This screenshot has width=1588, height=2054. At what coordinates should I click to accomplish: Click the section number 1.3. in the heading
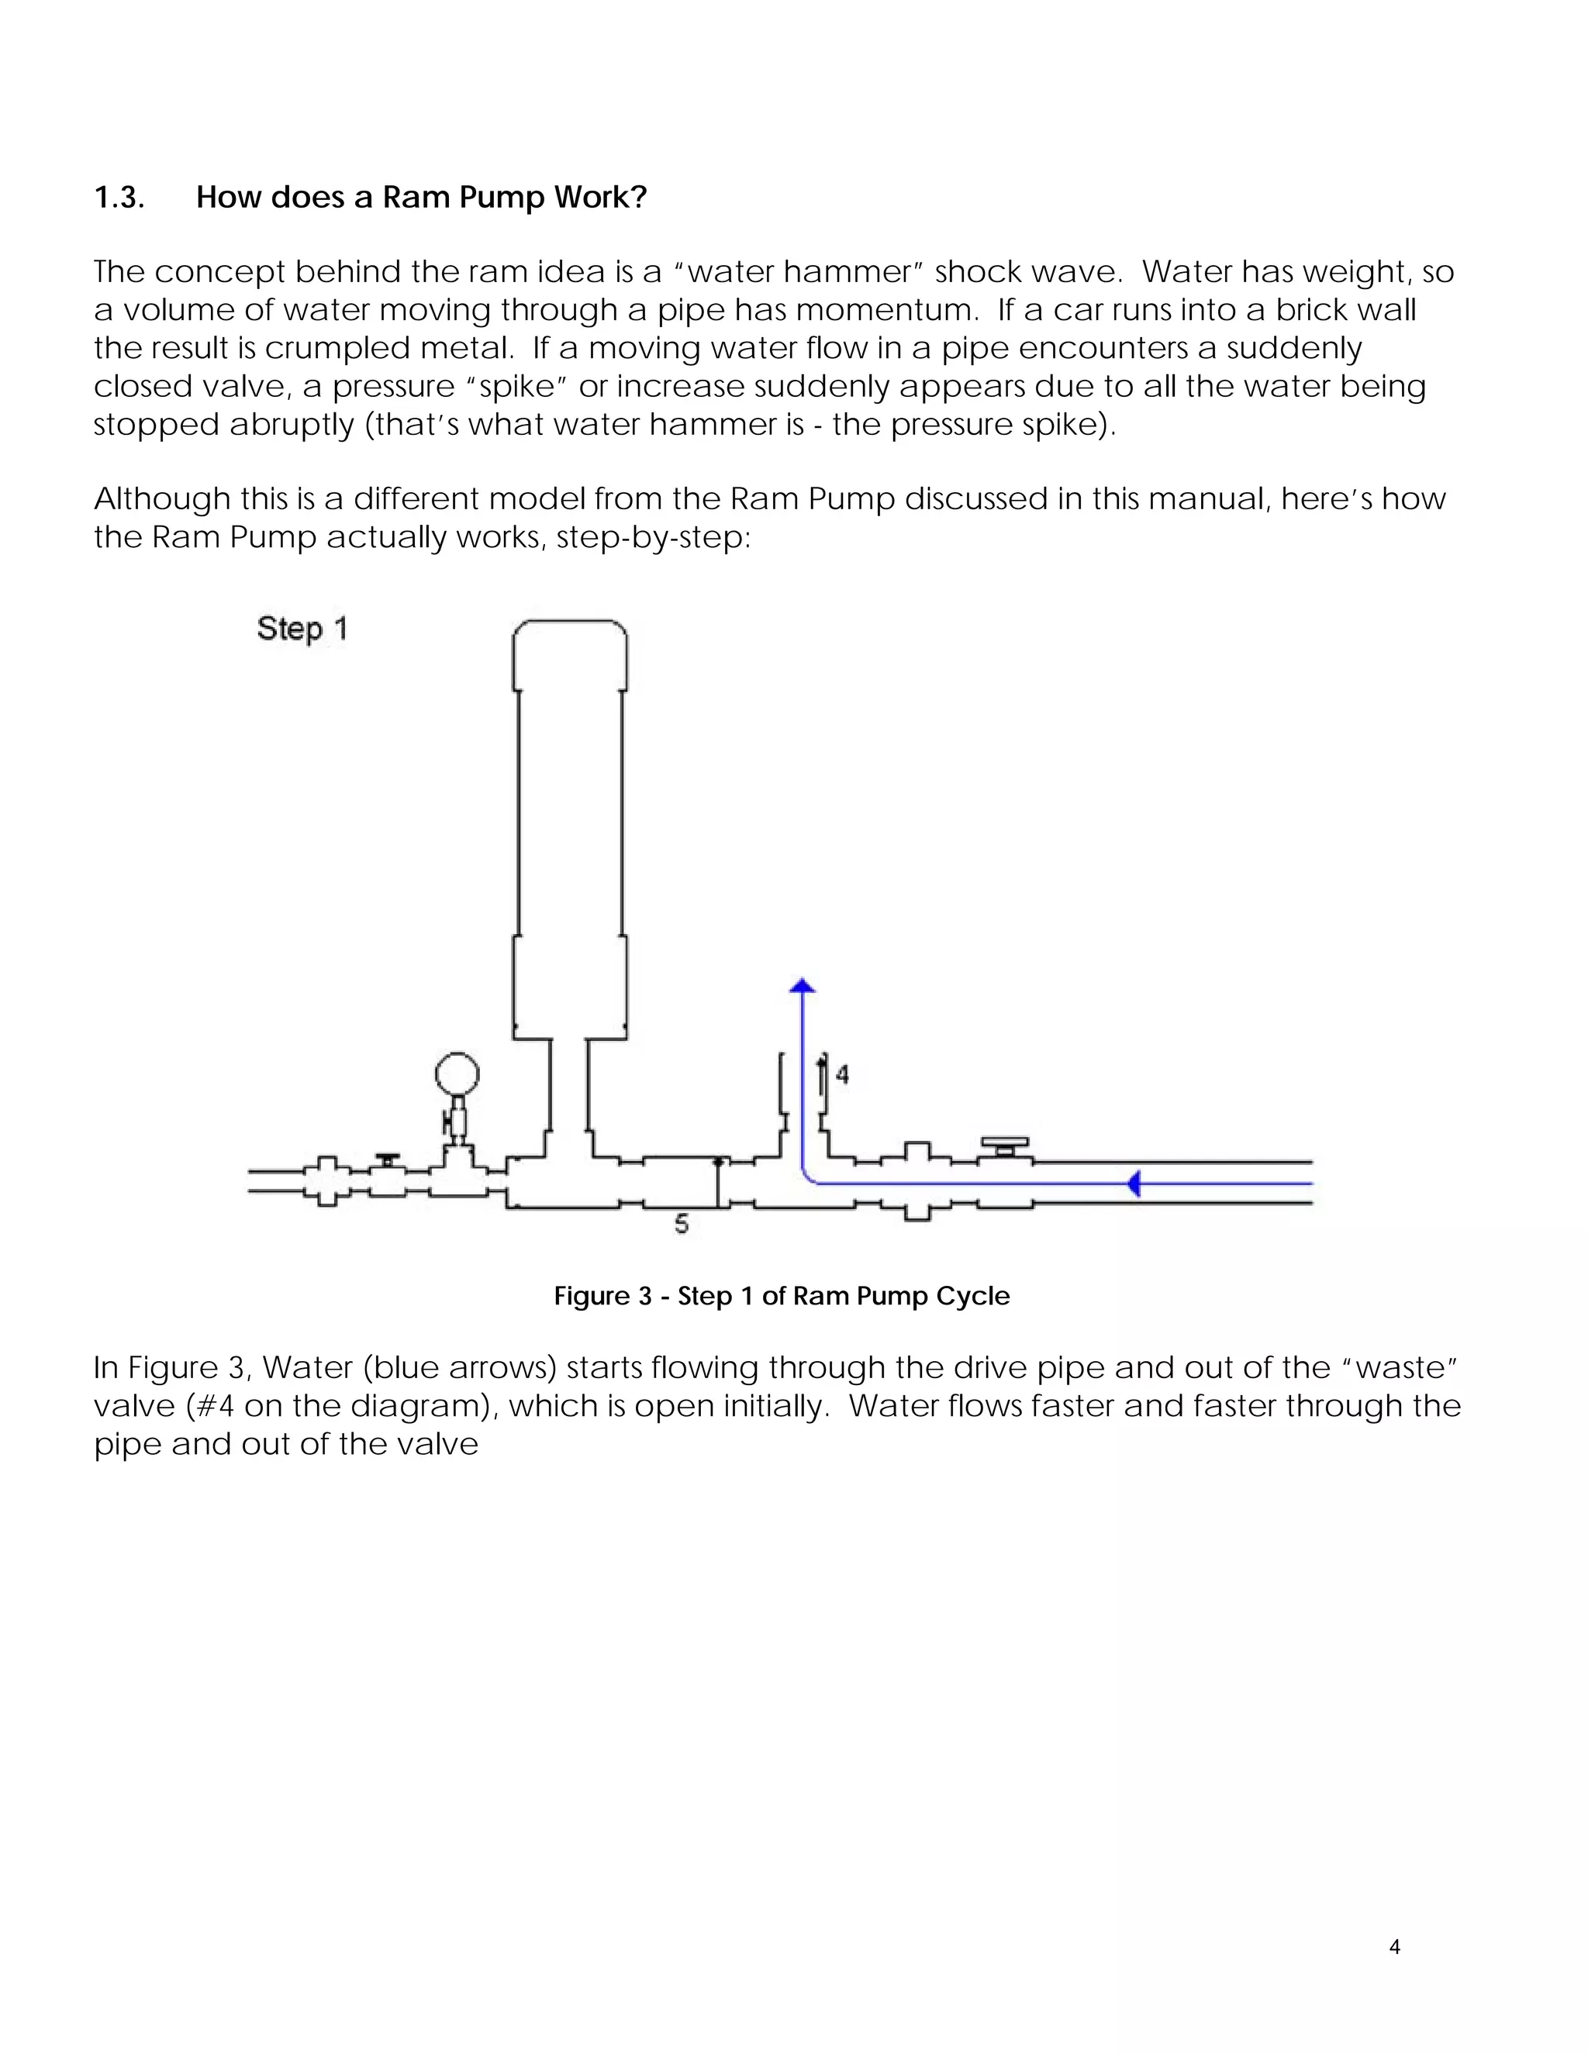[x=119, y=198]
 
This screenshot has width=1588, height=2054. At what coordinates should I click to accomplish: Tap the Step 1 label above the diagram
[x=302, y=629]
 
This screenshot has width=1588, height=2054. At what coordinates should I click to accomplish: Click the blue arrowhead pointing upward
[x=802, y=986]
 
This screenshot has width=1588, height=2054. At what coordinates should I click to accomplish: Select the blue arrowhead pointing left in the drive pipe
[x=1134, y=1183]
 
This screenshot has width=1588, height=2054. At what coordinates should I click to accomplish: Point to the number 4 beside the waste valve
[x=842, y=1074]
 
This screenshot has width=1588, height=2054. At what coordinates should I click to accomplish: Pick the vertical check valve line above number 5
[x=718, y=1183]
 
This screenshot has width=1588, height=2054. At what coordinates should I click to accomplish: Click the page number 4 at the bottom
[x=1394, y=1947]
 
